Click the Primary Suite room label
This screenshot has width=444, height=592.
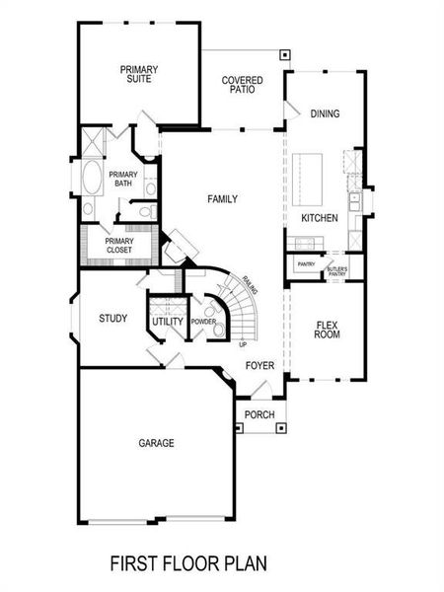point(140,74)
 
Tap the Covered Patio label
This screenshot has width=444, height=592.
point(240,84)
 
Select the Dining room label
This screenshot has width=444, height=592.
point(325,113)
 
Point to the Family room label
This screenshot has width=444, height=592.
point(222,199)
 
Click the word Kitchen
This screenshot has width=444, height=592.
point(320,217)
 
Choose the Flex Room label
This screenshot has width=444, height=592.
point(328,330)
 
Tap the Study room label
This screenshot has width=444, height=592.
point(113,318)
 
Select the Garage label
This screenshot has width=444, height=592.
point(156,443)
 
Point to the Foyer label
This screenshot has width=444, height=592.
point(259,366)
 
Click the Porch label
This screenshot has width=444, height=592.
point(259,414)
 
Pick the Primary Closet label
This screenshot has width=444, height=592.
point(119,245)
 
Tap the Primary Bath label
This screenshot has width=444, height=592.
point(123,179)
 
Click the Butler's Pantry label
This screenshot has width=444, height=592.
point(336,269)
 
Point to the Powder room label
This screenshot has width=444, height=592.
point(203,323)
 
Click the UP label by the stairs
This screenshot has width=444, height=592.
point(242,344)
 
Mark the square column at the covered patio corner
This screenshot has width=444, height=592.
point(284,55)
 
